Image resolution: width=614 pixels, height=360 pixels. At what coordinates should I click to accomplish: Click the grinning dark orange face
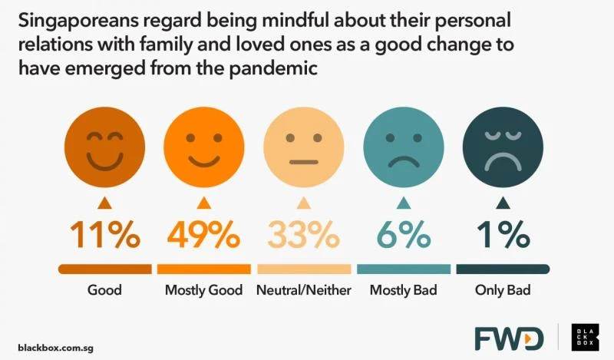pos(104,147)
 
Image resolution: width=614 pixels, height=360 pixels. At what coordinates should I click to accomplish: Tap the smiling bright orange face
pos(203,147)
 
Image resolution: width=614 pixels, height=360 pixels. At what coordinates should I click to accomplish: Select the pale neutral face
pos(303,147)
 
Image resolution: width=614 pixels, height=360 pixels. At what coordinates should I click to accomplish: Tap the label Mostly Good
pos(203,291)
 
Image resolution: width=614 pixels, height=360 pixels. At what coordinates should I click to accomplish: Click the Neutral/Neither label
pos(303,291)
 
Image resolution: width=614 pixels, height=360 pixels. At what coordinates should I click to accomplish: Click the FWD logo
pos(508,338)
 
